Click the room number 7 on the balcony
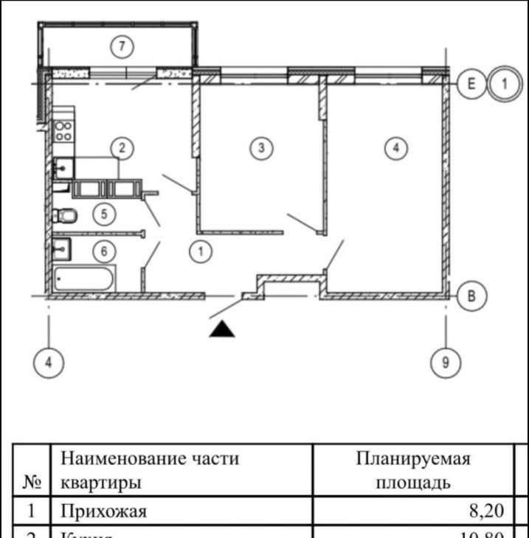(x=122, y=47)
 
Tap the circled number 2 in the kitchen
(x=122, y=148)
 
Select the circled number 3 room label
(x=261, y=148)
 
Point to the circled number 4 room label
(x=396, y=148)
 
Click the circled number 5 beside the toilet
(x=104, y=214)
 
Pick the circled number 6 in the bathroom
(x=104, y=251)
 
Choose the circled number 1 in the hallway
(x=200, y=251)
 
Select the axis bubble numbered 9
(x=445, y=363)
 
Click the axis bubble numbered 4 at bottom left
(x=49, y=363)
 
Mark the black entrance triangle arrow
(x=221, y=329)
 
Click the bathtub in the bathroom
(x=84, y=279)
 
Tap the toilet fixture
(x=65, y=215)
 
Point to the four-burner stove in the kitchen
(x=63, y=130)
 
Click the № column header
(x=31, y=483)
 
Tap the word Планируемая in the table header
(x=413, y=460)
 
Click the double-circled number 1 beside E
(x=505, y=84)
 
